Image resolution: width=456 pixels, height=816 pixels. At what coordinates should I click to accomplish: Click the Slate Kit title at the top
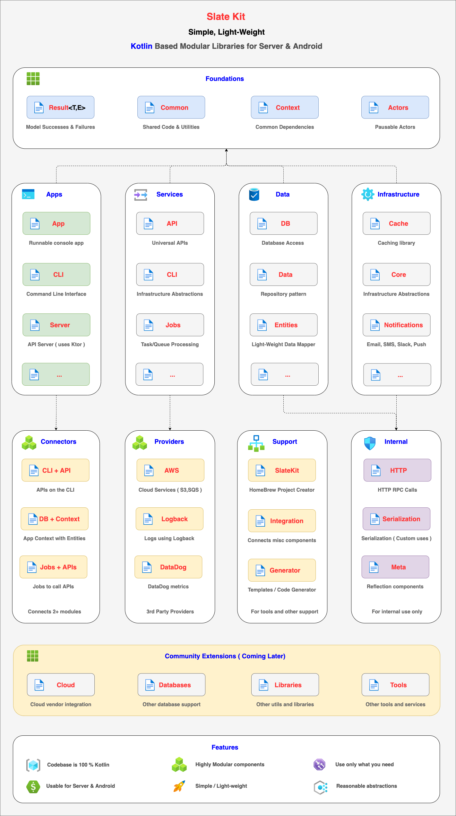[x=226, y=17]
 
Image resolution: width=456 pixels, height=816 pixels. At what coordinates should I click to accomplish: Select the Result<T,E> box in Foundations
[x=60, y=107]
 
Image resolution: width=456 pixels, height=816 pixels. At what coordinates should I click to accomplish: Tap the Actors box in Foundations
[x=395, y=107]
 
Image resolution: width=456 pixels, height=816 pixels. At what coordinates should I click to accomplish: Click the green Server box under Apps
[x=56, y=325]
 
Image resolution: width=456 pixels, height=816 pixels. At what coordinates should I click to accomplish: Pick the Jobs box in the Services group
[x=170, y=325]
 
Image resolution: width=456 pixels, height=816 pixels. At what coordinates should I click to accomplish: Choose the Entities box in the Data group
[x=284, y=325]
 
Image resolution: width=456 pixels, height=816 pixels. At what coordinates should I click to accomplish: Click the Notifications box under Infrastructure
[x=397, y=325]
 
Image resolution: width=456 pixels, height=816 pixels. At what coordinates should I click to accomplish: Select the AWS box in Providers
[x=170, y=470]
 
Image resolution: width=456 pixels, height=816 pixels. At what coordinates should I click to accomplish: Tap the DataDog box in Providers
[x=168, y=567]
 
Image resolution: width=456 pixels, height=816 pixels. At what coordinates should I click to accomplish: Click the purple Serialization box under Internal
[x=397, y=519]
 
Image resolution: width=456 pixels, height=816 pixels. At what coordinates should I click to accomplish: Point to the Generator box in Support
[x=282, y=570]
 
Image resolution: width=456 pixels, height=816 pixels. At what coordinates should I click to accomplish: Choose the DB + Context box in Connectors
[x=55, y=519]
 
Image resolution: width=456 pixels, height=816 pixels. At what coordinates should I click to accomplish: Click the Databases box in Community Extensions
[x=172, y=685]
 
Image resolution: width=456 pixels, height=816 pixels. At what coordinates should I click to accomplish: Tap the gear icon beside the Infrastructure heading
[x=368, y=194]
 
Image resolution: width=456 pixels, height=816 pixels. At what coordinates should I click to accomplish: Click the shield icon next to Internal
[x=370, y=443]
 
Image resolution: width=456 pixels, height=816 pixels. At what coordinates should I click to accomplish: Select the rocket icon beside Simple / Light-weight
[x=179, y=786]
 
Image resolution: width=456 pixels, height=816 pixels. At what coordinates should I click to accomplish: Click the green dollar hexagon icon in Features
[x=33, y=786]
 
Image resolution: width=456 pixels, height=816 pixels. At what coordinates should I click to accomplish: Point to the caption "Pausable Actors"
[x=395, y=127]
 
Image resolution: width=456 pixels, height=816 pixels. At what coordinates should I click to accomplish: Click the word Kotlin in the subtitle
[x=142, y=46]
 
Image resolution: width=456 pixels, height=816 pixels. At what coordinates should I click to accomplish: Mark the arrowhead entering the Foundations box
[x=226, y=150]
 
